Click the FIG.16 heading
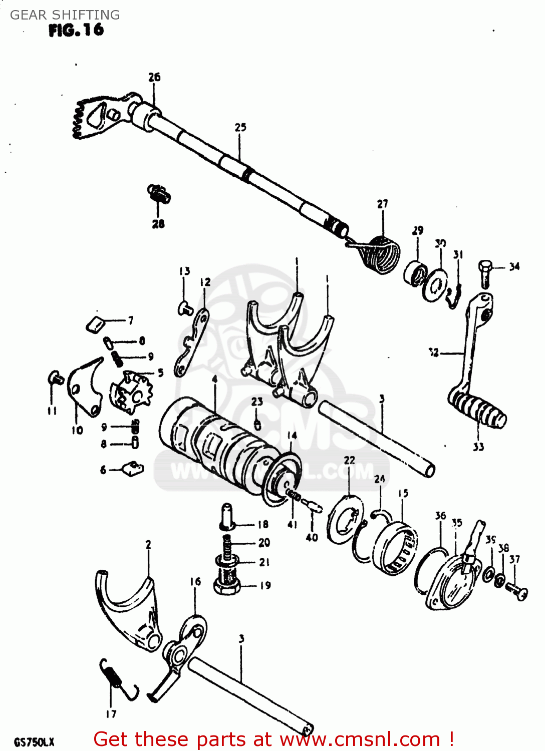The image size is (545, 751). tap(76, 30)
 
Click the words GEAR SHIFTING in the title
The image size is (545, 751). tap(65, 15)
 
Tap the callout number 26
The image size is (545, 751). tap(154, 77)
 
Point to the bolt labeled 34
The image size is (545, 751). tap(485, 273)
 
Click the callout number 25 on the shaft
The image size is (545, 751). tap(240, 127)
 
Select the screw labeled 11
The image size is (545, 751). tap(55, 378)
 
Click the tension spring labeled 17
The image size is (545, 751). tap(118, 680)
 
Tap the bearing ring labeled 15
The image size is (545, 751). tap(396, 548)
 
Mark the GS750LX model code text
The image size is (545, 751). tap(34, 741)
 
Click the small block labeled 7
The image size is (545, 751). tap(95, 324)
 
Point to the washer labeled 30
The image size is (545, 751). tap(434, 286)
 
